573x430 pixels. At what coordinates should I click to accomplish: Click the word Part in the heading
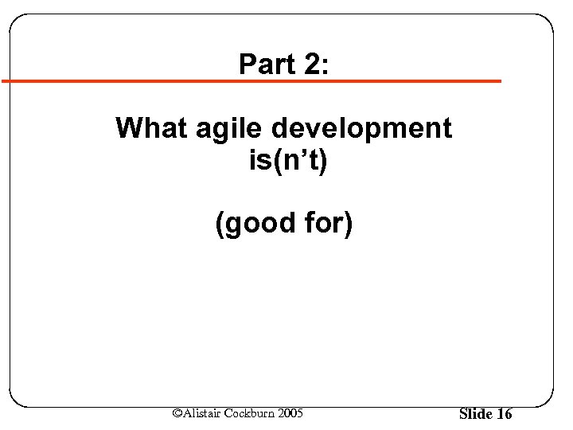point(264,64)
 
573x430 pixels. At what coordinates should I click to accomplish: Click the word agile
point(230,129)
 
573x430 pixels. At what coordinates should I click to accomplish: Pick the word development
point(362,129)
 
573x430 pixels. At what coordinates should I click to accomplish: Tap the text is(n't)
point(288,162)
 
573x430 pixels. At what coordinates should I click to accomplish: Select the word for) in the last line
point(327,224)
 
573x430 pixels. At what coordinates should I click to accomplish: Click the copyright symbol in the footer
point(177,412)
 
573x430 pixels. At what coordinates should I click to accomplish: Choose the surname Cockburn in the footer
point(251,412)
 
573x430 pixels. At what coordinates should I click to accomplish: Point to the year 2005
point(290,412)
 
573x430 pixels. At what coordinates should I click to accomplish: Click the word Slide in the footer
point(476,414)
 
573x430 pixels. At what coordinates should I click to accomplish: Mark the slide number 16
point(504,414)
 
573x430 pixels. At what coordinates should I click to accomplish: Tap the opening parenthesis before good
point(220,224)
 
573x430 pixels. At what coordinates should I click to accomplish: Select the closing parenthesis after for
point(347,224)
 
